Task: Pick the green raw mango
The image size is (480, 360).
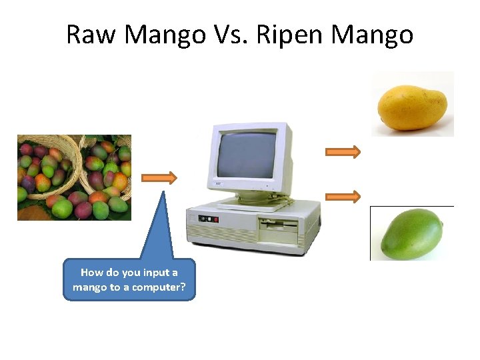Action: click(412, 233)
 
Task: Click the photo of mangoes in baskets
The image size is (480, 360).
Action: click(74, 177)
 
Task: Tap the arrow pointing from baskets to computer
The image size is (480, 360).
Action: click(161, 178)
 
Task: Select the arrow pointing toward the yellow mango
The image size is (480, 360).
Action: click(343, 152)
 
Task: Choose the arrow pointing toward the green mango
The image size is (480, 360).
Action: click(343, 196)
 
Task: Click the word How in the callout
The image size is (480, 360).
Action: click(91, 273)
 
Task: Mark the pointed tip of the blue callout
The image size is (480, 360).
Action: click(163, 192)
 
